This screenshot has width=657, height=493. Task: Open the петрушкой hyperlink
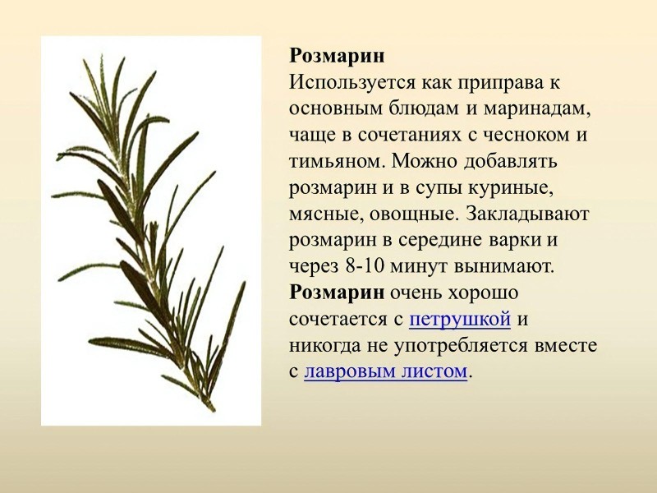(x=460, y=319)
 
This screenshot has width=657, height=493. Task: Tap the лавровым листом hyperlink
(x=385, y=371)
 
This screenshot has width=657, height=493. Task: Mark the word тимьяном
(x=333, y=162)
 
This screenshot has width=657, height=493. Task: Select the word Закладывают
(x=527, y=214)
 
